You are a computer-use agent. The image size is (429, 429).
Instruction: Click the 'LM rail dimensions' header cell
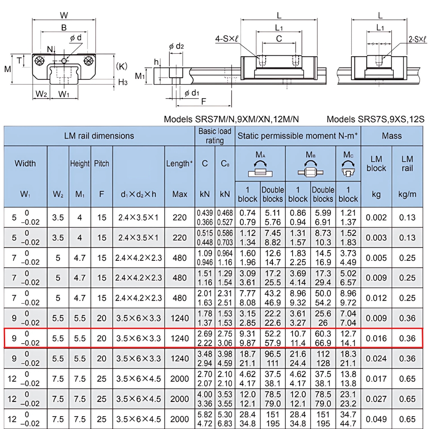pyautogui.click(x=99, y=136)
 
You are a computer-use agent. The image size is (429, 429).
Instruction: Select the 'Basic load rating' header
pyautogui.click(x=214, y=136)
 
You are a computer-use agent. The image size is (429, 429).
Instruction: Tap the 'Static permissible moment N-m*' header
pyautogui.click(x=298, y=136)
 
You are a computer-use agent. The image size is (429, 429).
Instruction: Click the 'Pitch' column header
pyautogui.click(x=102, y=163)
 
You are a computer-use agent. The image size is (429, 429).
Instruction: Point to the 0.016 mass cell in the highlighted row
pyautogui.click(x=376, y=338)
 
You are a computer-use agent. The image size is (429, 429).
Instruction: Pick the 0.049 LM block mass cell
pyautogui.click(x=376, y=419)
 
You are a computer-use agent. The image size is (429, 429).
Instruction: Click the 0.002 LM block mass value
pyautogui.click(x=376, y=218)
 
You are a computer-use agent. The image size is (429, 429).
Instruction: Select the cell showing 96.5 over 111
pyautogui.click(x=273, y=359)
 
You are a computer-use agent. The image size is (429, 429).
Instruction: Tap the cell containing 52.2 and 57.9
pyautogui.click(x=273, y=338)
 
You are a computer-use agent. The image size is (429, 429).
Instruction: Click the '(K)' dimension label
pyautogui.click(x=122, y=66)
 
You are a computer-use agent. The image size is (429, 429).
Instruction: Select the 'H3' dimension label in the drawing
pyautogui.click(x=123, y=82)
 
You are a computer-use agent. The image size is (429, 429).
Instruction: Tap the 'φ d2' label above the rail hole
pyautogui.click(x=176, y=46)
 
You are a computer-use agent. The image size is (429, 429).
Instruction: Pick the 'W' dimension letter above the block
pyautogui.click(x=64, y=15)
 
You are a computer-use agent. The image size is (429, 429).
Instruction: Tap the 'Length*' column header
pyautogui.click(x=179, y=163)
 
